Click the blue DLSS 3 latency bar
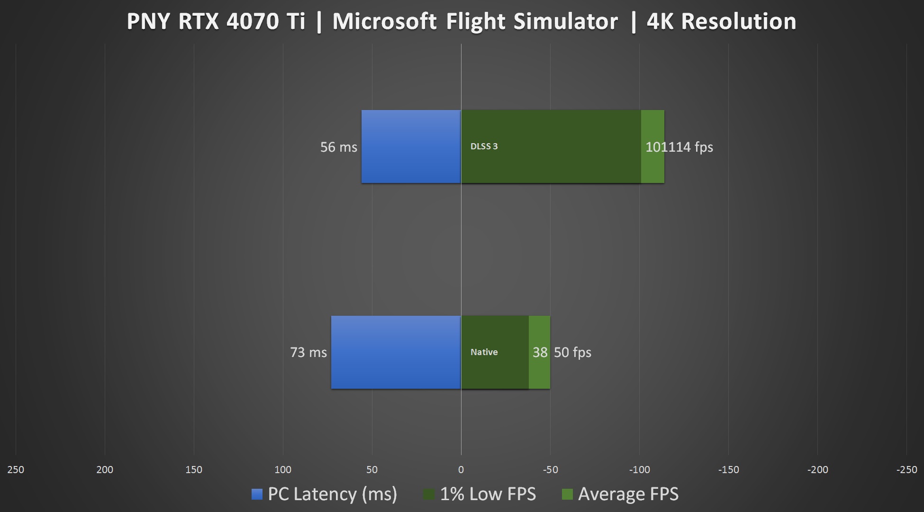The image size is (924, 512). click(x=411, y=146)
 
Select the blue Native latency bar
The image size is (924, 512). click(x=396, y=352)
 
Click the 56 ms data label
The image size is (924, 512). click(x=338, y=147)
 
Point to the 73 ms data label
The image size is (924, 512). click(x=308, y=352)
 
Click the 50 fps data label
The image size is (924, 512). click(x=572, y=352)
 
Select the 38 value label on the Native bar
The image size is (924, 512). click(x=540, y=352)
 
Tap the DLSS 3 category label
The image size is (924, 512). click(x=484, y=146)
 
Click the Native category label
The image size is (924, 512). click(x=484, y=352)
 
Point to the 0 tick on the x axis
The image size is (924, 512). click(x=461, y=470)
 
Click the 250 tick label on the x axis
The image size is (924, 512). click(x=16, y=470)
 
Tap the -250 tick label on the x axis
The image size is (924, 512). click(x=906, y=470)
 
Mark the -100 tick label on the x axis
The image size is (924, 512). click(x=639, y=470)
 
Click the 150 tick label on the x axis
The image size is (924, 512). click(x=194, y=470)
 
